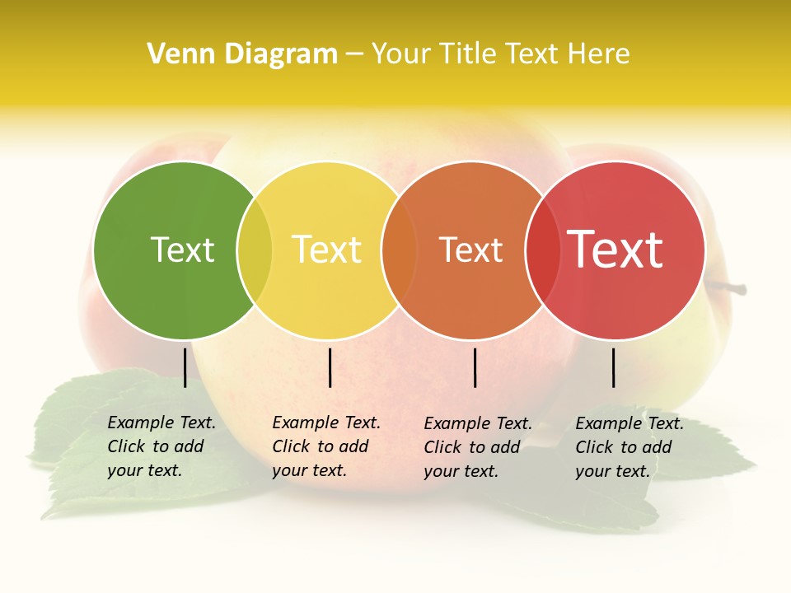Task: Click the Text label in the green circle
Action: [182, 250]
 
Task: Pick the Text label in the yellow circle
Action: [326, 250]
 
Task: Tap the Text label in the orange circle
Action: [470, 250]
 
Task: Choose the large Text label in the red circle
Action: [615, 250]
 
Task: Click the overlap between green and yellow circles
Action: [255, 250]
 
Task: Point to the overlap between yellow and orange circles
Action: [399, 250]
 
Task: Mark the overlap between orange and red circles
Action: [542, 250]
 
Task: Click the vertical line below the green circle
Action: [185, 367]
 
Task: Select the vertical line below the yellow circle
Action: [330, 367]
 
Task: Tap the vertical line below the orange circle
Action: [475, 367]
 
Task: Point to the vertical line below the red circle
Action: [614, 367]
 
